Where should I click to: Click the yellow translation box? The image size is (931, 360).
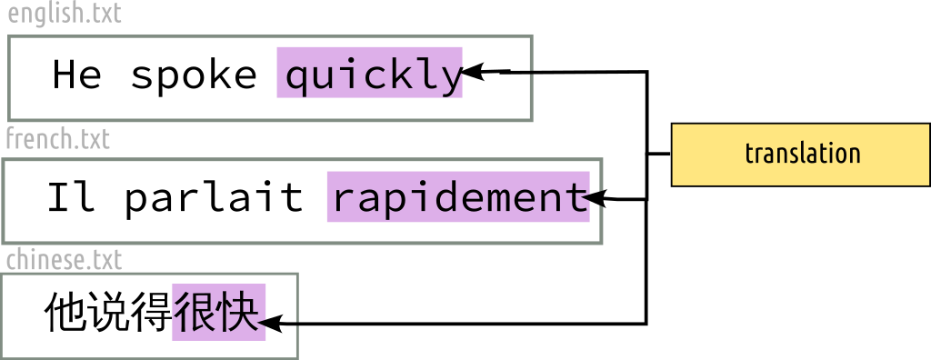[x=800, y=154]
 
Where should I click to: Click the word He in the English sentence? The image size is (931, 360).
[x=77, y=75]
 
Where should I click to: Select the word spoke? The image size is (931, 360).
[x=194, y=75]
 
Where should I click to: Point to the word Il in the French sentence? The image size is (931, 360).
[x=71, y=197]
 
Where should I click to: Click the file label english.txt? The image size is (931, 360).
[x=64, y=15]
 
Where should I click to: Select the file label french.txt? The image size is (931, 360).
[x=57, y=139]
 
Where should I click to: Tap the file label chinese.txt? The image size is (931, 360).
[x=64, y=261]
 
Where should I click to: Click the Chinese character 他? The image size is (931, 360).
[x=65, y=314]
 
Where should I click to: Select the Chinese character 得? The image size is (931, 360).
[x=151, y=314]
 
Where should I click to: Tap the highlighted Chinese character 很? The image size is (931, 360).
[x=194, y=314]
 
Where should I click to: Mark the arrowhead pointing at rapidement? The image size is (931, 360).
[x=601, y=198]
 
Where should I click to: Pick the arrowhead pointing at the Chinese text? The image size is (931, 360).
[x=271, y=322]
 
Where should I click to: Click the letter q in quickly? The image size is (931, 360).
[x=297, y=78]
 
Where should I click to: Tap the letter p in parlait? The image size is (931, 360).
[x=136, y=200]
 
